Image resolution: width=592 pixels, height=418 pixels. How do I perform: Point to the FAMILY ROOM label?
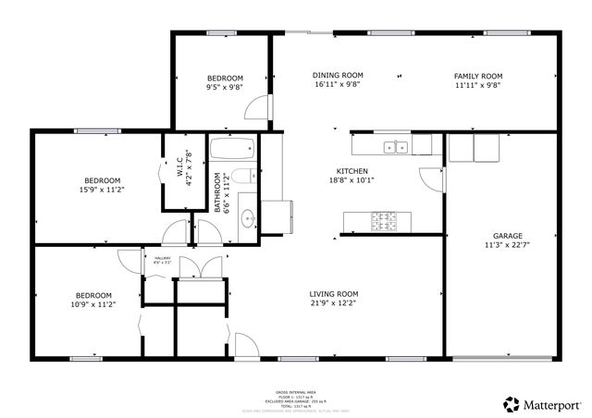click(477, 75)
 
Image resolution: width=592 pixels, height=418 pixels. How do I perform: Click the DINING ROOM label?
click(337, 75)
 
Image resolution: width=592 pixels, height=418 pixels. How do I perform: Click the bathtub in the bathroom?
click(231, 150)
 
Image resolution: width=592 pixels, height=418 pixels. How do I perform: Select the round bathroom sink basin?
click(248, 219)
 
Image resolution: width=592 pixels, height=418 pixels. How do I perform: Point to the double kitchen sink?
click(397, 145)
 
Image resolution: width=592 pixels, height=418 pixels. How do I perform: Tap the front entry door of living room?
click(245, 348)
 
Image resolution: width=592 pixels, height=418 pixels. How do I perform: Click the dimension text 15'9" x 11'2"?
click(103, 190)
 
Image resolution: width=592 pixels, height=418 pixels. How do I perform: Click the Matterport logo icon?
click(511, 404)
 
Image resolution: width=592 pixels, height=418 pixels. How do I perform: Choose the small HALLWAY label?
click(163, 258)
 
